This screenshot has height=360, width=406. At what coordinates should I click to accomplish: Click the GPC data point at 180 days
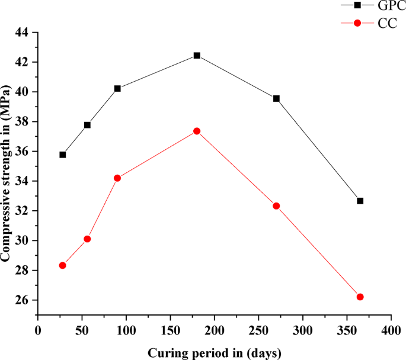[197, 56]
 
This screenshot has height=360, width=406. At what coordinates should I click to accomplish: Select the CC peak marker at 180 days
[197, 131]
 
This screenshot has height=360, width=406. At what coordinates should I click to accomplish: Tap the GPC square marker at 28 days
[63, 155]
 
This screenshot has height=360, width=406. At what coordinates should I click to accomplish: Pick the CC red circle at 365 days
[360, 297]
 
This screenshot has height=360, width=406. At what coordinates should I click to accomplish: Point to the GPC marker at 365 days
[360, 201]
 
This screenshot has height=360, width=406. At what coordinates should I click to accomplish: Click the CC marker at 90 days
[117, 178]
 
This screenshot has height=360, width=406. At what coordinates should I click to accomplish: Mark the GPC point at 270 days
[276, 98]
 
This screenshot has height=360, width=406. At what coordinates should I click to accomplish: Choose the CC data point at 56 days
[87, 239]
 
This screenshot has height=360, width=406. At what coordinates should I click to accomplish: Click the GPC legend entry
[374, 6]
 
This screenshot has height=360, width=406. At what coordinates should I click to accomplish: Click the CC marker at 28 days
[62, 265]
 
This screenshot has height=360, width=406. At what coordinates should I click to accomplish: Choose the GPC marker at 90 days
[117, 88]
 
